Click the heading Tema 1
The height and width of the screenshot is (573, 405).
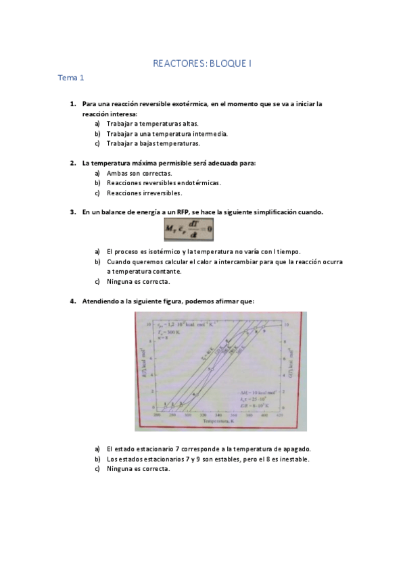(x=71, y=78)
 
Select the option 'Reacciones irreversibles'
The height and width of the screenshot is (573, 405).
(x=144, y=193)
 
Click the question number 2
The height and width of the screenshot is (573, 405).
(x=72, y=163)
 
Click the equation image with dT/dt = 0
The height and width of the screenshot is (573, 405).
(x=188, y=231)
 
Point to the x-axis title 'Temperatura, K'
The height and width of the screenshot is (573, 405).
(x=220, y=421)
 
